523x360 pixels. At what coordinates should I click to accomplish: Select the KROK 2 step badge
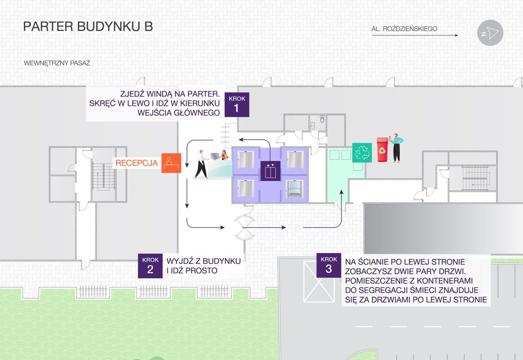150,266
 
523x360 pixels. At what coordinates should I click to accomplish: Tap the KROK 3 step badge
328,265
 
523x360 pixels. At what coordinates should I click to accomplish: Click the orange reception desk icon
171,163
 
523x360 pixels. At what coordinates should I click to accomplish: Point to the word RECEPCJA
136,163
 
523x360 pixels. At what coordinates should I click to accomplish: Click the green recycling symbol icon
362,152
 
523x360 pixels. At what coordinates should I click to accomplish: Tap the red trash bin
382,150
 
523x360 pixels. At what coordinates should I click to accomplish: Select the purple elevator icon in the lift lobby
270,171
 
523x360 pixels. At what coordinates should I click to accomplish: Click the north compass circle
490,33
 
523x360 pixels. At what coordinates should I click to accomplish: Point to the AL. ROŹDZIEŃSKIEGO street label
404,29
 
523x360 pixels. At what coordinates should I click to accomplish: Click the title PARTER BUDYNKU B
88,27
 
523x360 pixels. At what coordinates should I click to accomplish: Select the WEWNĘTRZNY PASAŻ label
56,64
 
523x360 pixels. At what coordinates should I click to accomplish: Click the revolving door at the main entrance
244,227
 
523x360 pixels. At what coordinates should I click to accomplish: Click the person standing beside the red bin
396,147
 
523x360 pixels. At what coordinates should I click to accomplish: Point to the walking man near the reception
201,164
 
